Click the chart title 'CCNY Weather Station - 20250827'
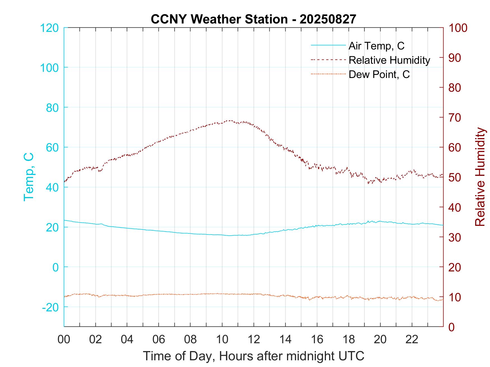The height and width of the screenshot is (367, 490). [253, 19]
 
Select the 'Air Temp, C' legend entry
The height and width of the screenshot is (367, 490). [376, 46]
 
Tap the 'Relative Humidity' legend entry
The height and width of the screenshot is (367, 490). [389, 60]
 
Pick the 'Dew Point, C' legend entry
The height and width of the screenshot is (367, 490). [379, 74]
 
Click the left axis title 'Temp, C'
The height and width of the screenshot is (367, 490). [29, 177]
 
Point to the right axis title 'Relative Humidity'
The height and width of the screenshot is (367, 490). [480, 177]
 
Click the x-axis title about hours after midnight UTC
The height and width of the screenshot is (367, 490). [253, 356]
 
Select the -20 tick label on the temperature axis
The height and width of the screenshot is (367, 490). [50, 307]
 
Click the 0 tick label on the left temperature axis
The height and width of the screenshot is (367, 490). [56, 267]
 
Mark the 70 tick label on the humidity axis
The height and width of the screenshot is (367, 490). [455, 118]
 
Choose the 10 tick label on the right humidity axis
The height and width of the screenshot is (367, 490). [455, 297]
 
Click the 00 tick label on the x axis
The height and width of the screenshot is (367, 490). [64, 339]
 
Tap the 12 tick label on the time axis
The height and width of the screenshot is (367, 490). [254, 339]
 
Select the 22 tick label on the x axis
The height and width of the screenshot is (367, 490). [412, 339]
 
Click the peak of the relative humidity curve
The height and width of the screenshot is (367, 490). [230, 120]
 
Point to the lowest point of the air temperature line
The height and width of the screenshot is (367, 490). [230, 236]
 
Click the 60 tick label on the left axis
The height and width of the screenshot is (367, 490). [52, 147]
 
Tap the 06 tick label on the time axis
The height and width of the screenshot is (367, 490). [159, 339]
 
